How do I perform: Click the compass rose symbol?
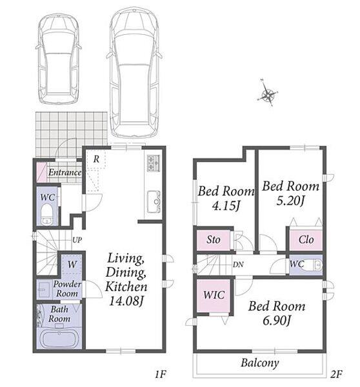pos(267,94)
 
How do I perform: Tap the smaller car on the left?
pos(59,59)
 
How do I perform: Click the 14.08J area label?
pos(126,301)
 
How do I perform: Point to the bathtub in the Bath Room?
pos(59,339)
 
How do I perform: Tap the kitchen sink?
pos(154,202)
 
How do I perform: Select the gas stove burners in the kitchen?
pos(154,163)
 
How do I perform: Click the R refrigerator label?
pos(96,159)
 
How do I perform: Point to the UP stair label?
pos(77,240)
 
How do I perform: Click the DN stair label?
pos(238,264)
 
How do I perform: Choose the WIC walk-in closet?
pos(214,295)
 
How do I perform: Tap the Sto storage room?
pos(214,240)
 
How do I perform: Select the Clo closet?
pos(306,240)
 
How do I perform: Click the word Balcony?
pos(260,362)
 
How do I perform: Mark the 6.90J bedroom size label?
pos(276,321)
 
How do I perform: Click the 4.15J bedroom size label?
pos(226,206)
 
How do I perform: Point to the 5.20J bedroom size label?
pos(290,201)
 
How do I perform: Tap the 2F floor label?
pos(335,375)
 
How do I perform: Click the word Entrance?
pos(65,172)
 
